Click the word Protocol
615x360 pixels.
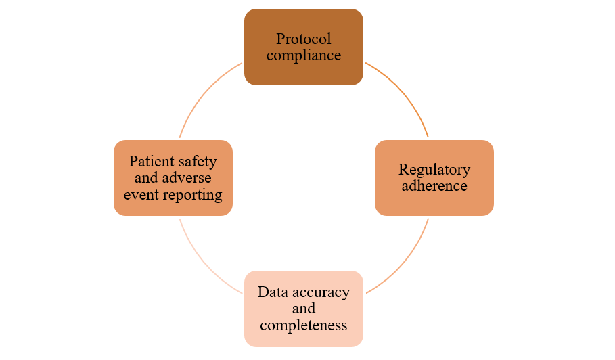304,39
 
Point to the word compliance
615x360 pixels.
304,55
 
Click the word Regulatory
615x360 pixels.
434,169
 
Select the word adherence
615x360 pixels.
434,185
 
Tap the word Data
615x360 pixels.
273,292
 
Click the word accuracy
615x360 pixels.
319,292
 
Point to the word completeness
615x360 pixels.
304,325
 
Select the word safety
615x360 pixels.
198,161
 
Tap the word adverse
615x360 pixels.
187,178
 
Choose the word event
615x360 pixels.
140,195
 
